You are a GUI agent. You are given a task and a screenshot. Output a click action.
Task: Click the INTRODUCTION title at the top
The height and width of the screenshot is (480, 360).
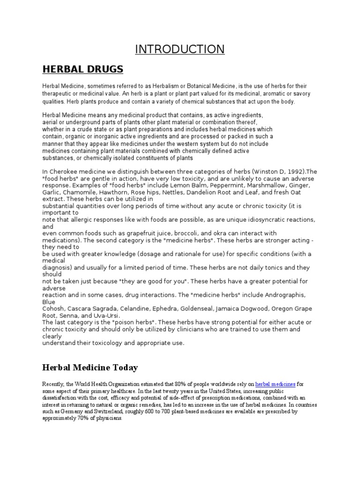[180, 49]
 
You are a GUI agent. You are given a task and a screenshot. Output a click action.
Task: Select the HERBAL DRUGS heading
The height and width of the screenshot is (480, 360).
[83, 69]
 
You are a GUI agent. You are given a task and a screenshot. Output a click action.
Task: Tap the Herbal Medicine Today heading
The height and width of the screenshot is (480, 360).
[90, 367]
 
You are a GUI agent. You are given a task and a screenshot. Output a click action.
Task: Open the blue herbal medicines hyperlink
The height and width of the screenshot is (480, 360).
[275, 384]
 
